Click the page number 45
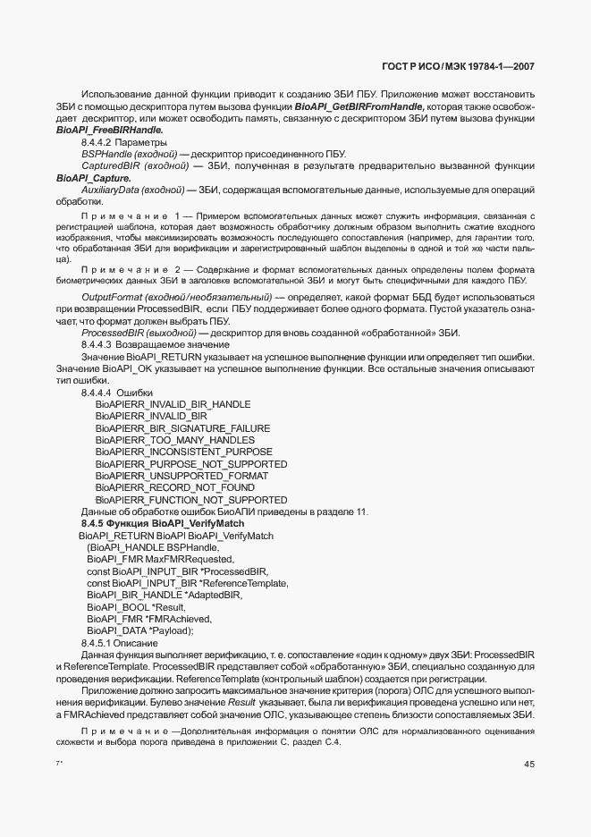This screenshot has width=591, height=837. click(528, 764)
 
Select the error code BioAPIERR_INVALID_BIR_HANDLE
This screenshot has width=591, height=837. click(173, 404)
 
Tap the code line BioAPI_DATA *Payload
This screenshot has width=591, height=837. click(139, 630)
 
